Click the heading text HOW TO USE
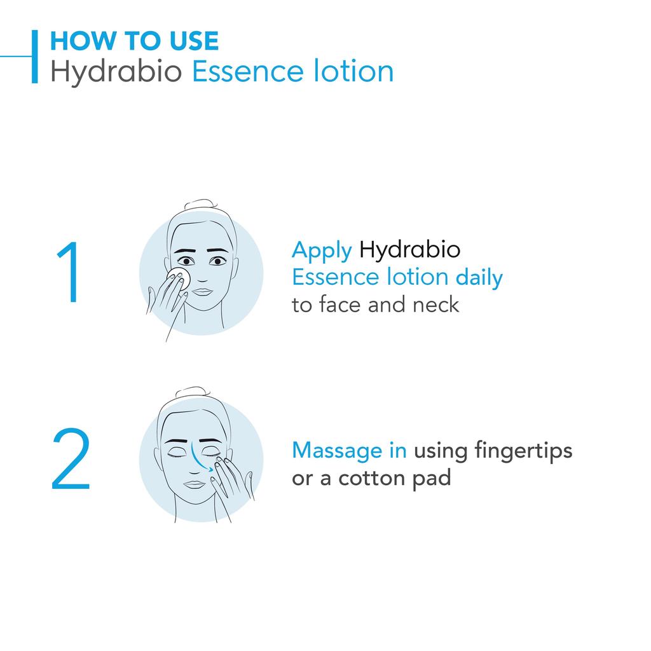tap(134, 41)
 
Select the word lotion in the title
tap(355, 71)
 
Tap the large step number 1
tap(69, 273)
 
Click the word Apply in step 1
tap(322, 250)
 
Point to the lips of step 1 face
tap(202, 292)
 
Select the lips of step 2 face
tap(194, 484)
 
